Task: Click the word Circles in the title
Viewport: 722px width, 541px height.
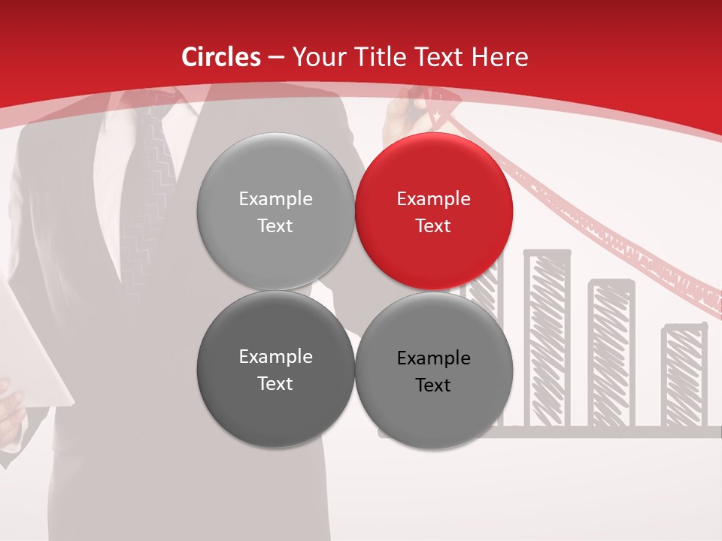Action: point(220,57)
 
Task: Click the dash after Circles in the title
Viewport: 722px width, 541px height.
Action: point(276,58)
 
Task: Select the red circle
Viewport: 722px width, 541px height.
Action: point(434,211)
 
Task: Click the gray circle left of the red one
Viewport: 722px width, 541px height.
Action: point(275,211)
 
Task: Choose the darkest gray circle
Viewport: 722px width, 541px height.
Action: point(275,369)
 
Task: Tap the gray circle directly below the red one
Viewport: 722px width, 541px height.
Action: point(434,370)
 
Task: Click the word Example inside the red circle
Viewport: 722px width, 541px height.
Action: point(433,199)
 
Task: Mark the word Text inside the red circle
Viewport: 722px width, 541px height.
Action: point(433,226)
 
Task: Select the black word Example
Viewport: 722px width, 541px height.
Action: point(433,358)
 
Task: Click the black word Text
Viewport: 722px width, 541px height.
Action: point(433,385)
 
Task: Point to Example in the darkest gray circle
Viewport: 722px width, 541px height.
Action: point(275,357)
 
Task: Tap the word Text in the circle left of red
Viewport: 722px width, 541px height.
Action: point(275,226)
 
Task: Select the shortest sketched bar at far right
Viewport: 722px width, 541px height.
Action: point(684,376)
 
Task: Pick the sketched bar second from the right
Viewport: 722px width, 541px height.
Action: point(611,353)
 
